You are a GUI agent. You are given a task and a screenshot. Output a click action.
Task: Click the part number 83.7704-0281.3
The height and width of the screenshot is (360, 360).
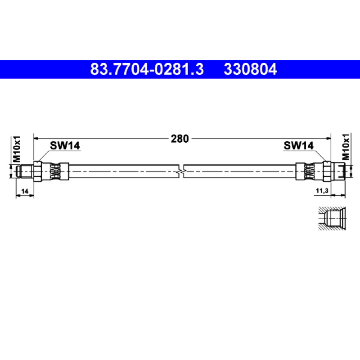(x=147, y=69)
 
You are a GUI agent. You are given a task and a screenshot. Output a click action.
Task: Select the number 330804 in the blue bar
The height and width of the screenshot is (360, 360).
(x=250, y=69)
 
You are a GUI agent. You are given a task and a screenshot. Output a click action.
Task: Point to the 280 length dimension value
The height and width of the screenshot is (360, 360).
(x=180, y=139)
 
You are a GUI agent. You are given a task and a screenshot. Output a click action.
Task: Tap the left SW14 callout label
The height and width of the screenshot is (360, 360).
(x=65, y=145)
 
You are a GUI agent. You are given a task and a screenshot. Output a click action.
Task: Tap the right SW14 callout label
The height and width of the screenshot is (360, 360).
(x=298, y=145)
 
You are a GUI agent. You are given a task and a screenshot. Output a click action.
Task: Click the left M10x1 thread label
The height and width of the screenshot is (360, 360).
(x=17, y=149)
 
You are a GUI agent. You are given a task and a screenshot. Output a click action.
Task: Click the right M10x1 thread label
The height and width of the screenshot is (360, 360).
(x=346, y=147)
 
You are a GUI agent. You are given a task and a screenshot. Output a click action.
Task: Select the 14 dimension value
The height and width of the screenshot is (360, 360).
(x=25, y=191)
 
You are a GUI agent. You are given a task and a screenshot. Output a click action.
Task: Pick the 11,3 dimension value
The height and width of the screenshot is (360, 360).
(x=322, y=190)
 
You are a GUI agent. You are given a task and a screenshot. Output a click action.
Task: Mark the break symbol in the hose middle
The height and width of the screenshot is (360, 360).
(x=181, y=171)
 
